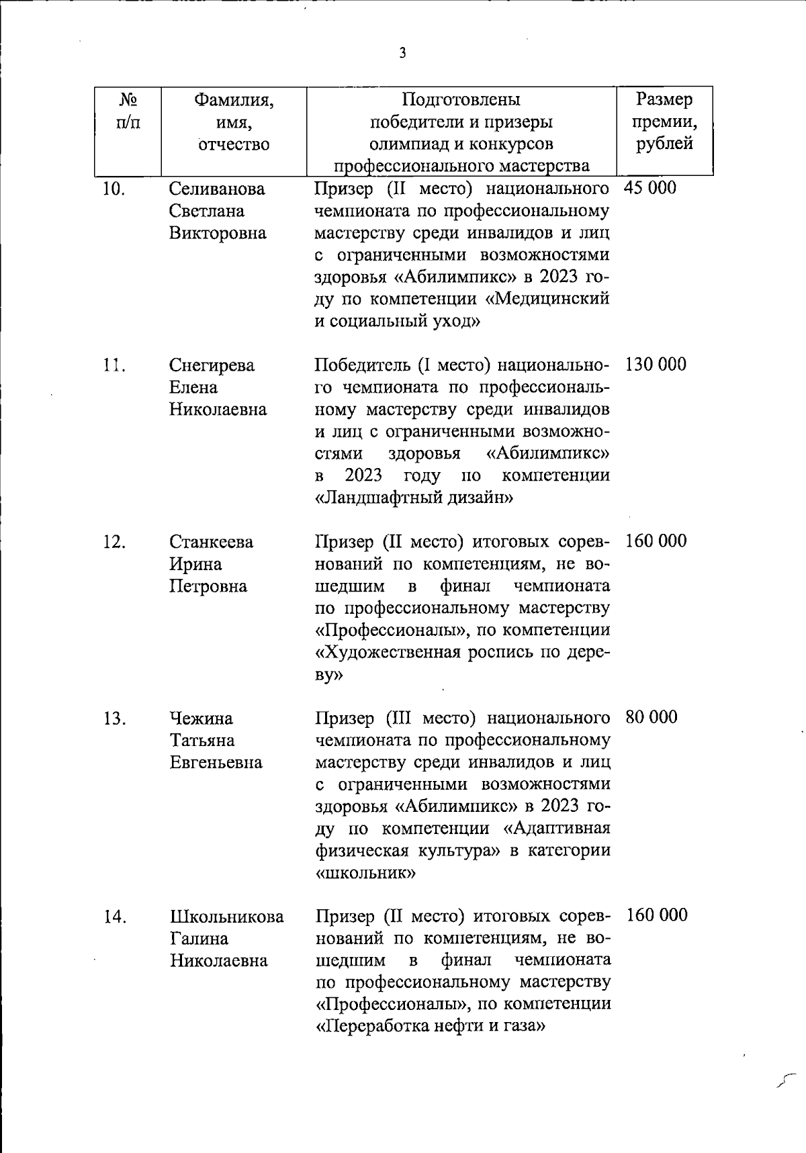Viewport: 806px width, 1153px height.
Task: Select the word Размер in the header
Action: (664, 99)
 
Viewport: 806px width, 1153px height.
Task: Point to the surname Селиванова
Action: (217, 189)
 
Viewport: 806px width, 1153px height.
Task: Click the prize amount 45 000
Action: (650, 188)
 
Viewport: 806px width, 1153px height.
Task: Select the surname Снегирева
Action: (212, 365)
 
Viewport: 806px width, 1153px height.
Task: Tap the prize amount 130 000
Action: (656, 365)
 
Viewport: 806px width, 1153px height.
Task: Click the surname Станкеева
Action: (211, 542)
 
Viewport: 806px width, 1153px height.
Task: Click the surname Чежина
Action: (201, 719)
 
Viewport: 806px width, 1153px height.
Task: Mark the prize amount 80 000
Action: (651, 717)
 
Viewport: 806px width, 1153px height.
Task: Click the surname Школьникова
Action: (226, 917)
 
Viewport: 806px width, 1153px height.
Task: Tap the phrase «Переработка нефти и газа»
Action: (429, 1026)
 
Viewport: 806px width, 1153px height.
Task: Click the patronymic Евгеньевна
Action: (216, 763)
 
